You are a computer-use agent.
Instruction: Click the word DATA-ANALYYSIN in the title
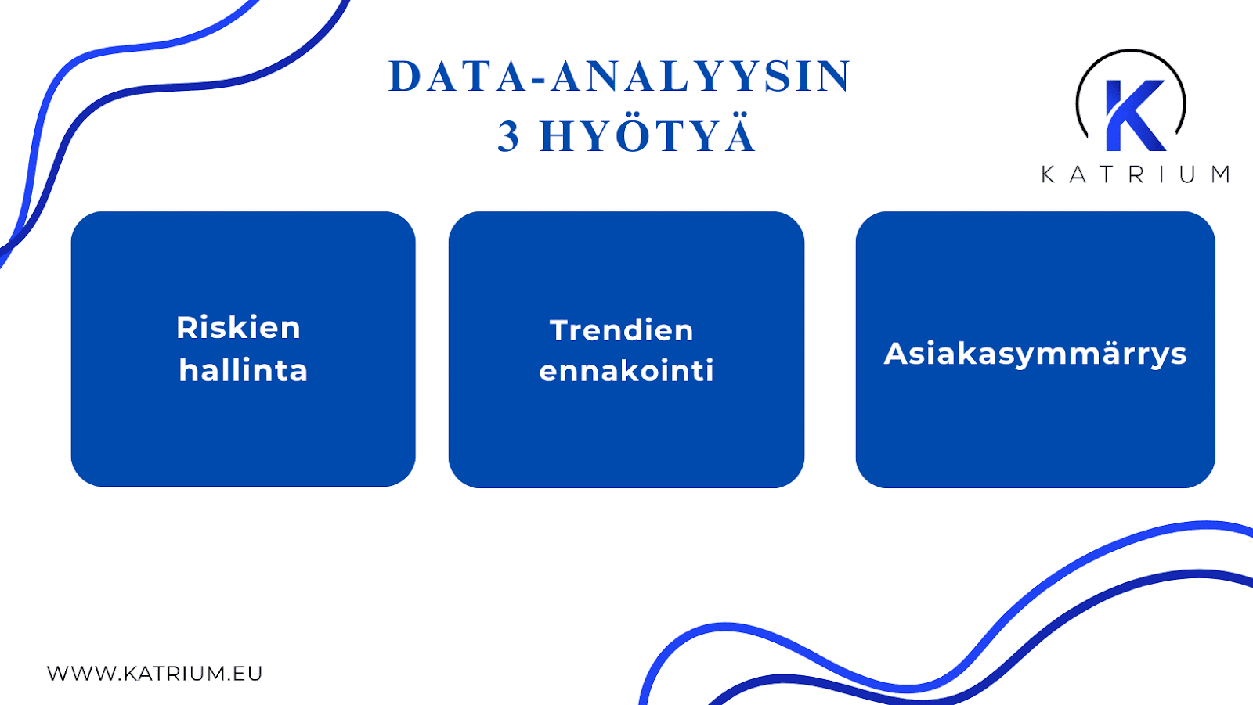click(x=619, y=77)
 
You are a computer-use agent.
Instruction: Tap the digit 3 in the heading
click(x=508, y=137)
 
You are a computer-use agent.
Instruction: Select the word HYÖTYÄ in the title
click(x=648, y=135)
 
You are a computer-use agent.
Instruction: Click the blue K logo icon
click(x=1132, y=113)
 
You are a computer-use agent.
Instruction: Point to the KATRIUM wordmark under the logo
click(x=1136, y=174)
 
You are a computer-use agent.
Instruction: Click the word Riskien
click(x=238, y=327)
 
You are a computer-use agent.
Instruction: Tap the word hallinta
click(x=243, y=370)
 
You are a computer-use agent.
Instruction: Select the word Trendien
click(x=622, y=330)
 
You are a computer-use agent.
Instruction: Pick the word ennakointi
click(x=626, y=371)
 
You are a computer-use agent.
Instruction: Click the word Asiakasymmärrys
click(x=1035, y=354)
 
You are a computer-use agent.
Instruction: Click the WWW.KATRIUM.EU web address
click(x=155, y=673)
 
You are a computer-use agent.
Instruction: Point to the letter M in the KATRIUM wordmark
click(x=1220, y=174)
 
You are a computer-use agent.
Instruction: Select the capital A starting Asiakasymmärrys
click(x=896, y=354)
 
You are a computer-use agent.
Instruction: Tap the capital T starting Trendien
click(x=558, y=330)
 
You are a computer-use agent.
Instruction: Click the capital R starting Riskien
click(x=186, y=327)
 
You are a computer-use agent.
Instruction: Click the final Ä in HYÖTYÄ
click(x=739, y=135)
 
